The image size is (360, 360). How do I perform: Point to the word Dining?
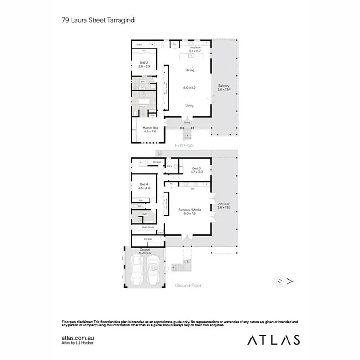tap(190, 70)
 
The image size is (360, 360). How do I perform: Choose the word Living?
tap(190, 105)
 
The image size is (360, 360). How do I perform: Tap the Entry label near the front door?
tap(187, 122)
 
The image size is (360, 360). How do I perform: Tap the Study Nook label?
tap(148, 227)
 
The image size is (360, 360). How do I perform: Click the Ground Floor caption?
tap(188, 285)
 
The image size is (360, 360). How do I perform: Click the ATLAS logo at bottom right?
tap(274, 339)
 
